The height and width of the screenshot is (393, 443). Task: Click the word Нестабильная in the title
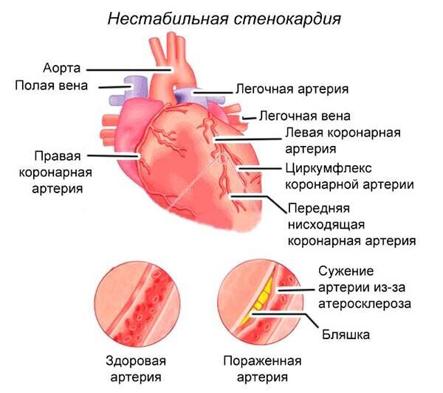pyautogui.click(x=168, y=19)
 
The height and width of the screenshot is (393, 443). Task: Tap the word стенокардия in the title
pyautogui.click(x=288, y=19)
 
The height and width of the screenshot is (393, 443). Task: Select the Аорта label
pyautogui.click(x=62, y=69)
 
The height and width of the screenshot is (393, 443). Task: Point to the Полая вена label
pyautogui.click(x=52, y=86)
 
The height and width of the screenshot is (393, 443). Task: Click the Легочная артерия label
pyautogui.click(x=292, y=89)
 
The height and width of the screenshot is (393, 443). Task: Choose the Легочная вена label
pyautogui.click(x=305, y=116)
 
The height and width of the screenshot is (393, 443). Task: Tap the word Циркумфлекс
pyautogui.click(x=329, y=169)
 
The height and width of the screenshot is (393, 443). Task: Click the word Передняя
pyautogui.click(x=319, y=209)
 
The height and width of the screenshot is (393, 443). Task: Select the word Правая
pyautogui.click(x=58, y=156)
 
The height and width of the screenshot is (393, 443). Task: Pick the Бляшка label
pyautogui.click(x=346, y=335)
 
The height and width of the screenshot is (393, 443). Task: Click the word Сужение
pyautogui.click(x=346, y=271)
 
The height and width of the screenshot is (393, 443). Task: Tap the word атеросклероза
pyautogui.click(x=365, y=304)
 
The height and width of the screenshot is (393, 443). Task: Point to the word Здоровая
pyautogui.click(x=136, y=361)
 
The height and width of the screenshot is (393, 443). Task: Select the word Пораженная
pyautogui.click(x=262, y=361)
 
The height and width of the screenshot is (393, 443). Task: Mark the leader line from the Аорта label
pyautogui.click(x=128, y=70)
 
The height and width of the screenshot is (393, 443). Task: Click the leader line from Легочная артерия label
pyautogui.click(x=213, y=92)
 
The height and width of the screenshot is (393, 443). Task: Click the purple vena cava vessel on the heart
pyautogui.click(x=129, y=90)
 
